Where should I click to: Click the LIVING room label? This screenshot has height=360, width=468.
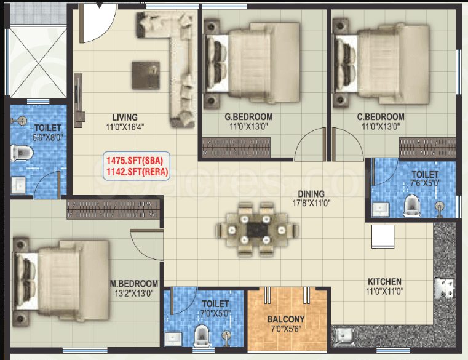click(125, 117)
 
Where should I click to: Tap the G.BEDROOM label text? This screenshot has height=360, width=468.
click(248, 116)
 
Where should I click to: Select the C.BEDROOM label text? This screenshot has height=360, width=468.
click(381, 116)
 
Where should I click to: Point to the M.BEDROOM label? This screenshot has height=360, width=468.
click(134, 284)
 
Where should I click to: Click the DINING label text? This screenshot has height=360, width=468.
click(311, 194)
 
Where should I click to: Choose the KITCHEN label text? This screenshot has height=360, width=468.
click(384, 281)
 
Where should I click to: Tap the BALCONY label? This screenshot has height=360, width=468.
click(286, 319)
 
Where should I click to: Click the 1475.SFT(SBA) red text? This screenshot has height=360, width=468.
click(135, 161)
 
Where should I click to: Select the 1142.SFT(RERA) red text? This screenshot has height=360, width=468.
click(137, 172)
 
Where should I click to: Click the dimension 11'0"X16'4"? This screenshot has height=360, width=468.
click(125, 127)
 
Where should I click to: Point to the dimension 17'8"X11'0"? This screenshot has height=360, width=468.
click(311, 203)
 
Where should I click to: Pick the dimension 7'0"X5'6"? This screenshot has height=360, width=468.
click(286, 329)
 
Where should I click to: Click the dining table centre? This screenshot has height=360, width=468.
click(256, 230)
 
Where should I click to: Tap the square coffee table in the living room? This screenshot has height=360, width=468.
click(146, 75)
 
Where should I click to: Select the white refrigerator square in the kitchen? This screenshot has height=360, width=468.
click(383, 236)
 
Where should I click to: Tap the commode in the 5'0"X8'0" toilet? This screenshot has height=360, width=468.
click(22, 153)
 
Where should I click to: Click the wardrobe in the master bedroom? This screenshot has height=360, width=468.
click(113, 209)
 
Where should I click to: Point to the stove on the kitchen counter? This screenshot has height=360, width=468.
click(445, 288)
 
